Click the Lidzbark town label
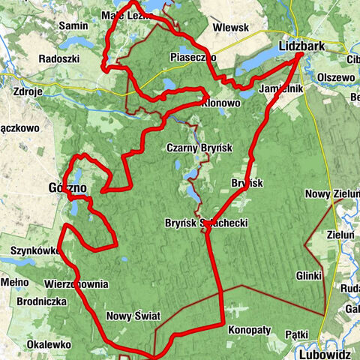tap(300, 46)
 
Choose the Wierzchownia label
tap(76, 285)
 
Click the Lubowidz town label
tap(323, 352)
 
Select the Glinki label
tap(309, 274)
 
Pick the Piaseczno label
tap(193, 57)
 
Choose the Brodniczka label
tap(36, 301)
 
